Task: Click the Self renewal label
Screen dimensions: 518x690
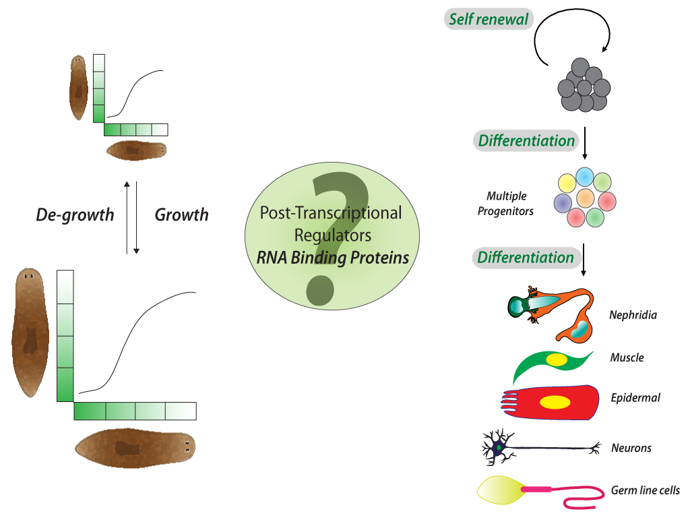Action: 490,19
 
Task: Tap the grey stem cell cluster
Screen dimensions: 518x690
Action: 584,87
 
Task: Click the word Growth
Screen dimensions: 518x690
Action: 181,215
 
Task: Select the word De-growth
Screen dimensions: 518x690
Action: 75,215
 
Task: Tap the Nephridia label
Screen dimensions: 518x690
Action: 633,314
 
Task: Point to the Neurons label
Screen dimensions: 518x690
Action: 631,447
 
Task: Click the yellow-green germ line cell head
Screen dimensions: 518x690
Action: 497,490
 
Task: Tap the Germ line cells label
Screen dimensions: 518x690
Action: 645,490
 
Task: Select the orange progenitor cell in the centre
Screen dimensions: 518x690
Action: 585,198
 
